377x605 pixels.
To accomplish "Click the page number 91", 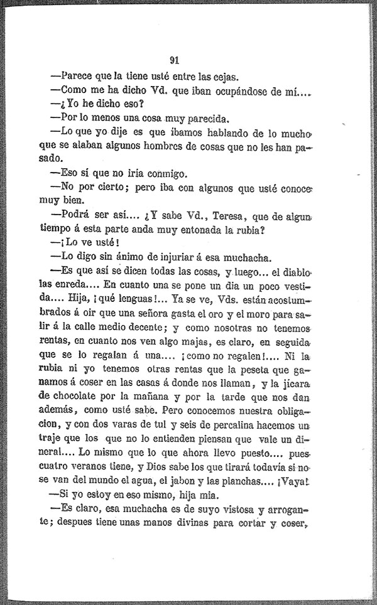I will click(x=175, y=61).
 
